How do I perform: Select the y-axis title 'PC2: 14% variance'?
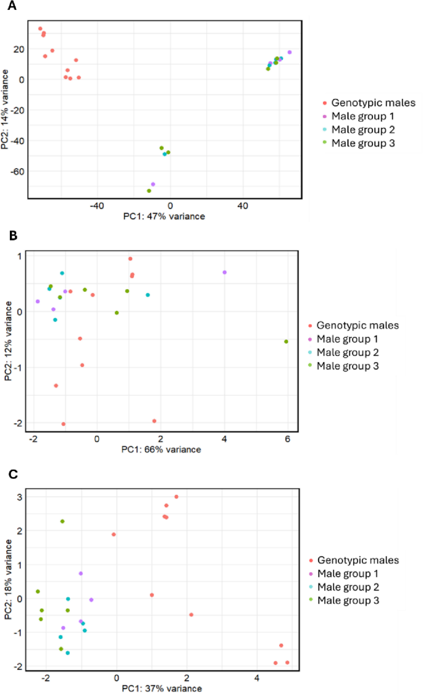pos(6,109)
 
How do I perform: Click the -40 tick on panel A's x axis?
pos(97,205)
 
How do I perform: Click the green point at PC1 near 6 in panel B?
pos(286,341)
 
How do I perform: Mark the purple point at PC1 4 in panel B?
pos(225,273)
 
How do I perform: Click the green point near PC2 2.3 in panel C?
pos(62,522)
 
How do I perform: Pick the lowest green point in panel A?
pos(149,190)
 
